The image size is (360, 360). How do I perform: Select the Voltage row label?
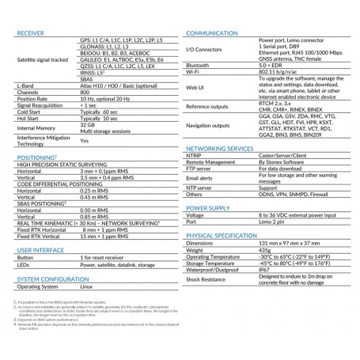pyautogui.click(x=195, y=217)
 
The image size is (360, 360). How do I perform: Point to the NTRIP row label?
pyautogui.click(x=193, y=157)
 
